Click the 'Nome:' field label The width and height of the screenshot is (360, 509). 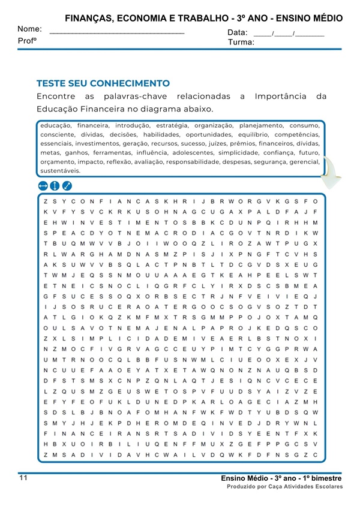[29, 29]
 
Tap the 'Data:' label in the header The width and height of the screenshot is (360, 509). [238, 32]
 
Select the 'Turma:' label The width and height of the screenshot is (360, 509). [241, 43]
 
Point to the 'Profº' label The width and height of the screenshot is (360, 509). [28, 40]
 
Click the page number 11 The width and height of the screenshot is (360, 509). [23, 478]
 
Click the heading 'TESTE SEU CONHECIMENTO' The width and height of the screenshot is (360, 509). [103, 83]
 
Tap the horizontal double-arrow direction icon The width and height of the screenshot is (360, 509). [43, 186]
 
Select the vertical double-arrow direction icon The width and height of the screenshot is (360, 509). [55, 186]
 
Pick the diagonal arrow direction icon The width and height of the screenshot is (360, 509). [67, 186]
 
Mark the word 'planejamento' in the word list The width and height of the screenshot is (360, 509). [260, 126]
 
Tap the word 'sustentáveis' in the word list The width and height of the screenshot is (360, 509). [60, 171]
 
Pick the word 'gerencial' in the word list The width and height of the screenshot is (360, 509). [304, 162]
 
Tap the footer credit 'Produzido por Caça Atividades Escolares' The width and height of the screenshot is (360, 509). [284, 487]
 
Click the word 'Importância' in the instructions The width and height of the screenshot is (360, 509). [281, 96]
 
